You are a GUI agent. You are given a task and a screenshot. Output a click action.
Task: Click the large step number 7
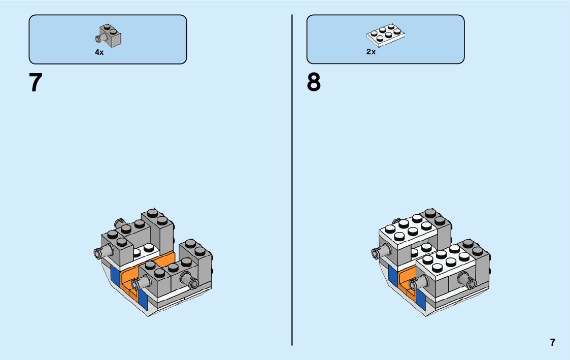36,83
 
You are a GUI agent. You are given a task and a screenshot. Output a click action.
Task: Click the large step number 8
314,83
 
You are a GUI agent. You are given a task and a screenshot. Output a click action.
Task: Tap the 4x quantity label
99,52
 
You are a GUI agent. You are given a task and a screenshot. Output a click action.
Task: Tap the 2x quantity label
371,52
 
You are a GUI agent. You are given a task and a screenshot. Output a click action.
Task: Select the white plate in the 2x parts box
386,34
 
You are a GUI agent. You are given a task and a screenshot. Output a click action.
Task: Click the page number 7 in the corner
552,342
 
